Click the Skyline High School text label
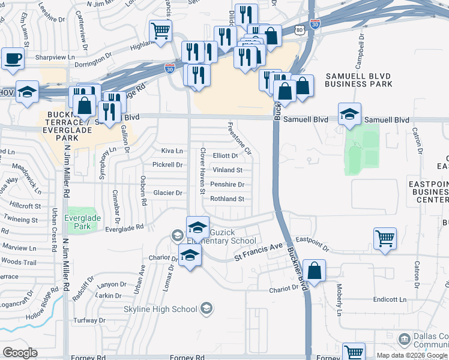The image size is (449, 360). coord(160,310)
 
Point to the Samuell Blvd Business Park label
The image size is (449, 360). coord(358,80)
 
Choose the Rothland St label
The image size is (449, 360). coord(228,199)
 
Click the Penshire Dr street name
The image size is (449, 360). coord(228,185)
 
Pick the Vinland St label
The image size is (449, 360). coord(228,170)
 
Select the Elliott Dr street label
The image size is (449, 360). coord(226,155)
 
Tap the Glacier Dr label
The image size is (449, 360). coord(168,193)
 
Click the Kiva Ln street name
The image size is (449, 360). coord(171,151)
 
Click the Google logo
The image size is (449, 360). coord(20,353)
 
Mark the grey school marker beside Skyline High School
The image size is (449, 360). coord(206,309)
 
